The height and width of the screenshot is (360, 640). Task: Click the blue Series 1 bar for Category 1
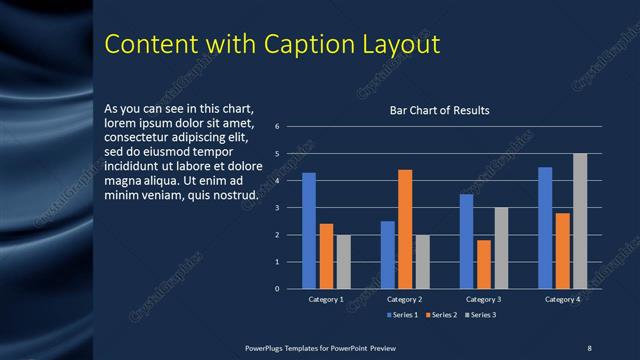pos(309,231)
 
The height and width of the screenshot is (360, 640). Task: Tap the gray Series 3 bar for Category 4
pos(580,221)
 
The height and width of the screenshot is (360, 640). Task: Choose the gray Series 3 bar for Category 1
pos(343,262)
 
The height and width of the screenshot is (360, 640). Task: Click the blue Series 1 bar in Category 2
pos(387,255)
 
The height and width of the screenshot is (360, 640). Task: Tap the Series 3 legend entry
pos(481,315)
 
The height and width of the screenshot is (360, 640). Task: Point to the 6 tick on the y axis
pos(290,127)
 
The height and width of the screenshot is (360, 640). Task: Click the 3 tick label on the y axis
pos(290,208)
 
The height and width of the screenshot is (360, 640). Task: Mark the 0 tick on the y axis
pos(290,289)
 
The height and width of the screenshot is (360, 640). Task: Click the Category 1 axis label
pos(326,299)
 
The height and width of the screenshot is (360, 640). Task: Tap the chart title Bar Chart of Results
pos(439,110)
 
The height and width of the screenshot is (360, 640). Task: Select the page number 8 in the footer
pos(589,347)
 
